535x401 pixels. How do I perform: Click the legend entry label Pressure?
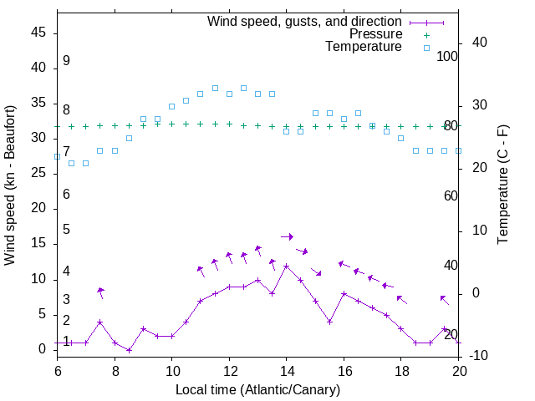tap(374, 34)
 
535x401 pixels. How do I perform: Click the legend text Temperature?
tap(364, 48)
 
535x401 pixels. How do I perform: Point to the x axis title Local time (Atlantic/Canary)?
tap(257, 389)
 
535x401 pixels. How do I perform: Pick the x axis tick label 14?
tap(286, 370)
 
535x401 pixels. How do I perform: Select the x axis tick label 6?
tap(57, 370)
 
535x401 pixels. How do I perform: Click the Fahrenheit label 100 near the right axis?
tap(448, 56)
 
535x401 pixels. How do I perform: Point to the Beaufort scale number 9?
tap(66, 61)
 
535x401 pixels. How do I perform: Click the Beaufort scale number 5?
tap(66, 230)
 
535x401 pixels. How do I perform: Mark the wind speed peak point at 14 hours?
tap(286, 266)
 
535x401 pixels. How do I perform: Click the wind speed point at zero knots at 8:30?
tap(129, 350)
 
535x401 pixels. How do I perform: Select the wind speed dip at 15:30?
tap(329, 322)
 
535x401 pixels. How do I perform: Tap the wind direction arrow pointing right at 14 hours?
tap(287, 237)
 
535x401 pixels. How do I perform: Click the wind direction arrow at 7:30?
tap(100, 292)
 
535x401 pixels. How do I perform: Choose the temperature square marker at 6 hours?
tap(57, 156)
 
